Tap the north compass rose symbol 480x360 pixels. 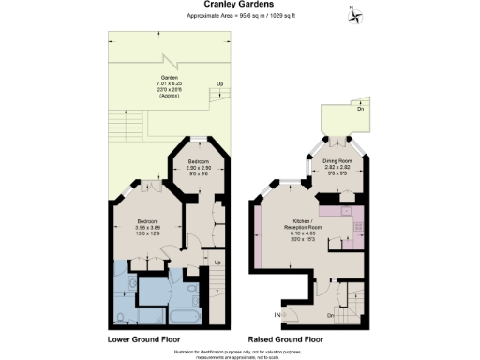tap(354, 13)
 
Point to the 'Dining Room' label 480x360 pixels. tap(337, 160)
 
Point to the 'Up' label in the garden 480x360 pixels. tap(219, 86)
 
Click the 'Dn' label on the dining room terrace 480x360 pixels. tap(361, 111)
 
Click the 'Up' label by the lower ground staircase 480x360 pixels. tap(217, 262)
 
